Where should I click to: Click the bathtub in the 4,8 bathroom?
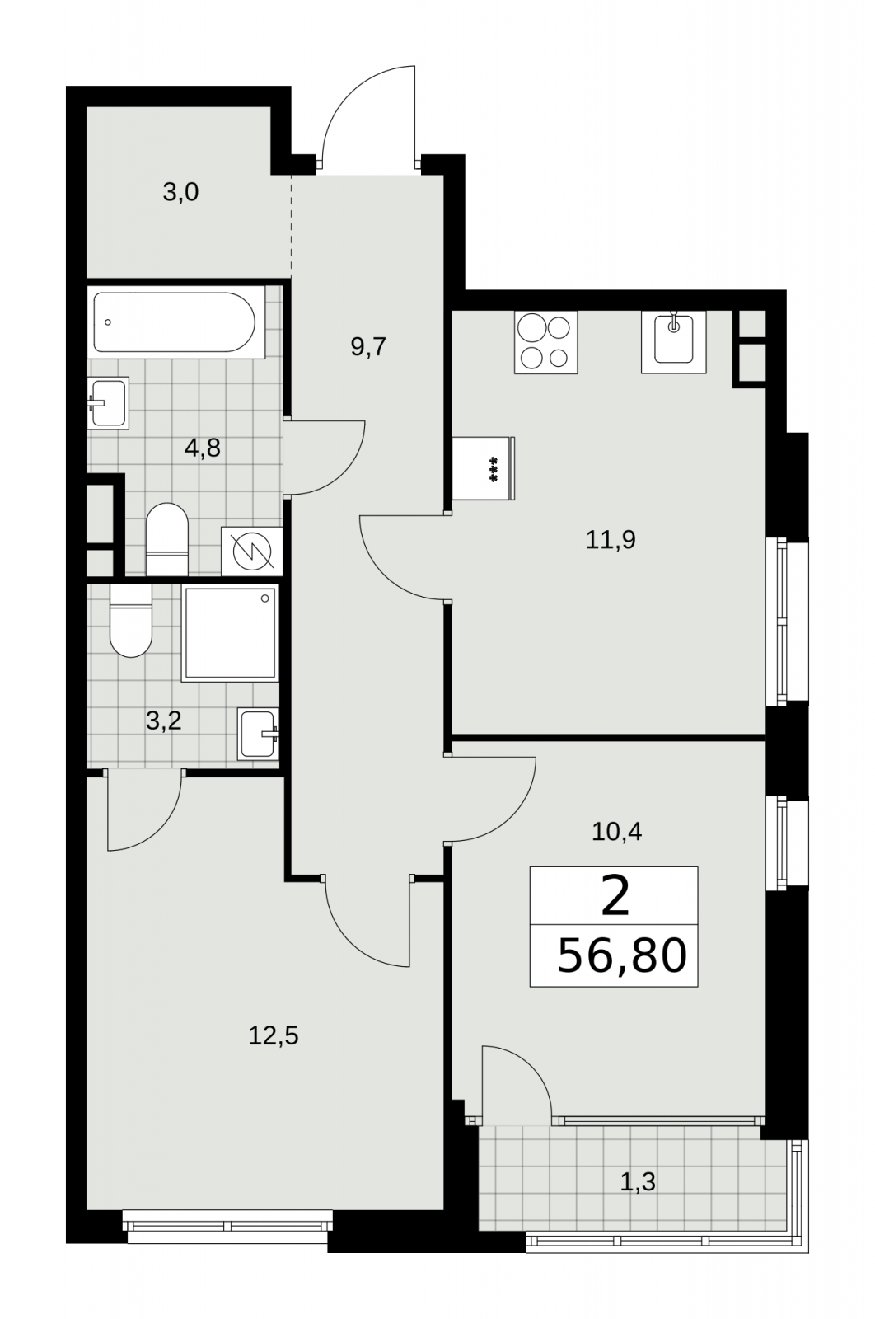(176, 322)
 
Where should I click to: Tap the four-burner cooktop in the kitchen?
(545, 342)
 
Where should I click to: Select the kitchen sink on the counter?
(673, 342)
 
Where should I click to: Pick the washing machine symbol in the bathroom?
(252, 552)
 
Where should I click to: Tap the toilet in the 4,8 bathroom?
(166, 539)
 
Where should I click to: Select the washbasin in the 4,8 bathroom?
(108, 403)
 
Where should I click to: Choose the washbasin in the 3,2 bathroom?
(258, 734)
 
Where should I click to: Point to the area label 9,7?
(368, 347)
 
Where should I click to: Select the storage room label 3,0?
(180, 193)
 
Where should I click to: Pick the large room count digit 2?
(615, 895)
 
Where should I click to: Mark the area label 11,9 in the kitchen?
(611, 539)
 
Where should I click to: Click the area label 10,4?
(616, 832)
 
